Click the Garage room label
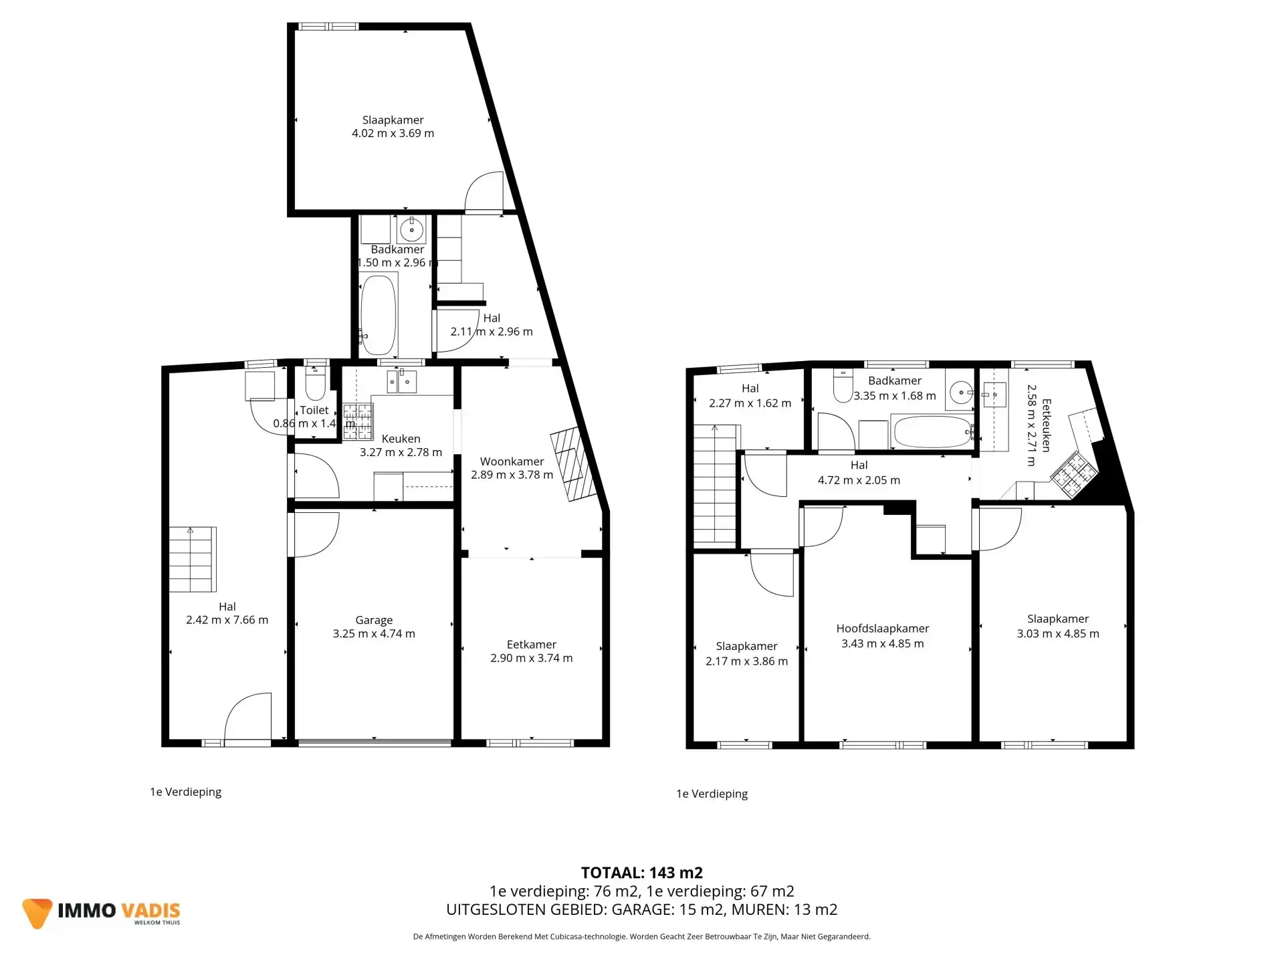[x=374, y=620]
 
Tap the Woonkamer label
[x=512, y=461]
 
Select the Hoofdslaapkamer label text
[x=882, y=629]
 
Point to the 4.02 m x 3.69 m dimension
[x=393, y=133]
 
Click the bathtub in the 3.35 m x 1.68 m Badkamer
[x=932, y=432]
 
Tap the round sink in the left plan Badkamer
[x=411, y=230]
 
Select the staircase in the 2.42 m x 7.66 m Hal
[x=192, y=560]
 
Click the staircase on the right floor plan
[x=715, y=485]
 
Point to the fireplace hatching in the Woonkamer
[x=573, y=463]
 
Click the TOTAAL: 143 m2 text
[x=641, y=873]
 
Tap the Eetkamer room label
[x=531, y=645]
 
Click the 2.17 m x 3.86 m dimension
[x=746, y=661]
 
